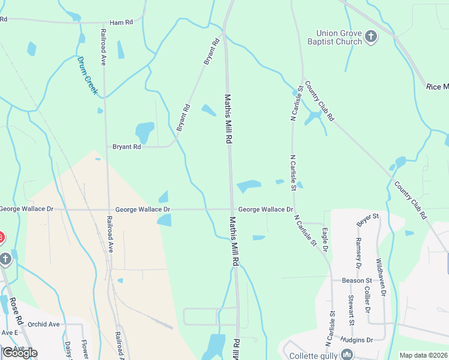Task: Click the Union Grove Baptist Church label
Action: point(339,37)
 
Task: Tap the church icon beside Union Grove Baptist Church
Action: point(371,37)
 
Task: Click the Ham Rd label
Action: point(121,22)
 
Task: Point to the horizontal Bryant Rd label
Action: point(127,146)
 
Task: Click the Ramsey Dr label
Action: point(358,252)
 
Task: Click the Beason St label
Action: point(357,280)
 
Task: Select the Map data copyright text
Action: point(423,355)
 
